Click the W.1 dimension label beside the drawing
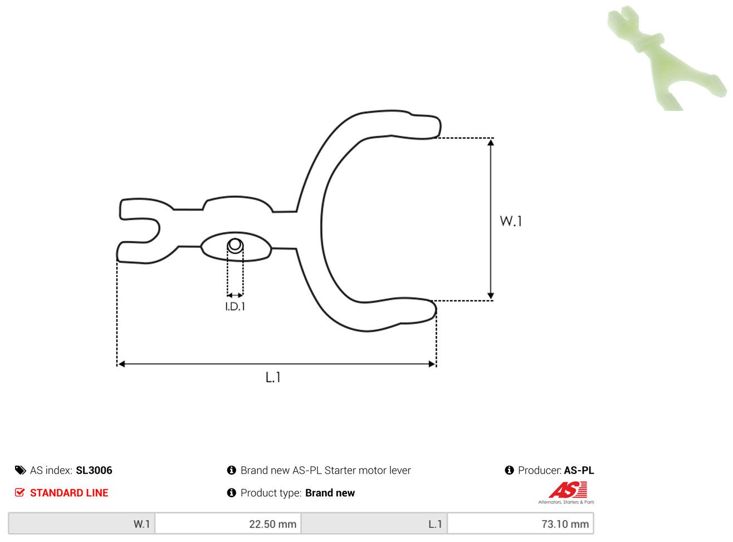coord(511,221)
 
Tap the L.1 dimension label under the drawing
coord(273,377)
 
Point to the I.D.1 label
coord(235,307)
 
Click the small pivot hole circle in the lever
coord(235,246)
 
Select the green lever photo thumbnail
coord(666,58)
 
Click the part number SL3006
coord(94,470)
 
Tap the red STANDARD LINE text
coord(69,493)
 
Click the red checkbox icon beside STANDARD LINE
coord(19,492)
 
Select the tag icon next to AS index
coord(20,470)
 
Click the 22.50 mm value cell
coord(228,524)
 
